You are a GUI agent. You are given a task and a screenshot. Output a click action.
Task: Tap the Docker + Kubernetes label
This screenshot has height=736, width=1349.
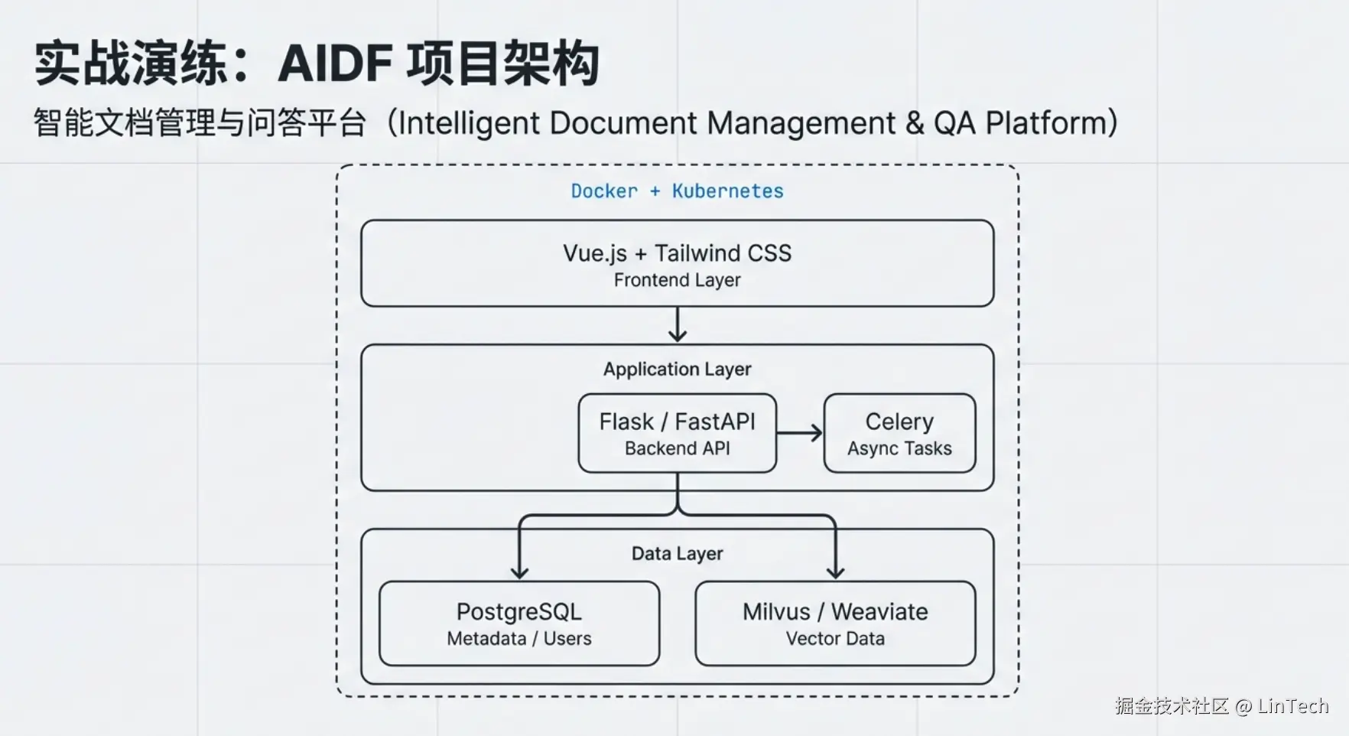pyautogui.click(x=677, y=191)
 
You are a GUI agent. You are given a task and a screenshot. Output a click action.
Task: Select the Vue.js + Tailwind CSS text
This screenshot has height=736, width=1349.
pyautogui.click(x=677, y=253)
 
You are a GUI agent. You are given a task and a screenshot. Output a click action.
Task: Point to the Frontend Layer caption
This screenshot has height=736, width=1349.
pyautogui.click(x=677, y=281)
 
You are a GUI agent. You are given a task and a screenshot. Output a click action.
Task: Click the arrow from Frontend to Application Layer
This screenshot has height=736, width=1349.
pyautogui.click(x=678, y=324)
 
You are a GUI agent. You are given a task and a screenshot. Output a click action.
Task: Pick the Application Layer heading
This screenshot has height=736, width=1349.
pyautogui.click(x=677, y=370)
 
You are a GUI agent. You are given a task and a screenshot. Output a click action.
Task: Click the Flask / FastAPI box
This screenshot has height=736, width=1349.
pyautogui.click(x=678, y=433)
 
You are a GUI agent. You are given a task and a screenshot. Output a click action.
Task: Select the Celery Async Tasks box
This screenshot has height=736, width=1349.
pyautogui.click(x=899, y=433)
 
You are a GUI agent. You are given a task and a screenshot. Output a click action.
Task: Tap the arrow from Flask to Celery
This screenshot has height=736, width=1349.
pyautogui.click(x=800, y=433)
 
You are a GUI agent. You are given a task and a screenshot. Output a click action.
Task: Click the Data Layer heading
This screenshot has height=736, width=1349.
pyautogui.click(x=677, y=554)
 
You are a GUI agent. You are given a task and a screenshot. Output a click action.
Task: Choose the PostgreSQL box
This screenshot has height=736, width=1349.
pyautogui.click(x=519, y=624)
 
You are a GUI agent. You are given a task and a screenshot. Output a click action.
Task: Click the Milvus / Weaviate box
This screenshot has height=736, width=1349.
pyautogui.click(x=835, y=624)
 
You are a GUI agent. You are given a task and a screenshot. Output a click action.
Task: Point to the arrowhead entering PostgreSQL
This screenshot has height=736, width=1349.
pyautogui.click(x=519, y=573)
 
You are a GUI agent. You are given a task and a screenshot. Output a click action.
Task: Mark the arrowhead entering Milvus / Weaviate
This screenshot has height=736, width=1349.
pyautogui.click(x=835, y=573)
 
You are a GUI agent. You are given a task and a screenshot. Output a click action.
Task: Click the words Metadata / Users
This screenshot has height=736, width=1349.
pyautogui.click(x=519, y=639)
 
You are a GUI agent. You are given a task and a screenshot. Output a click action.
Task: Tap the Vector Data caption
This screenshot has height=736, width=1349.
pyautogui.click(x=835, y=639)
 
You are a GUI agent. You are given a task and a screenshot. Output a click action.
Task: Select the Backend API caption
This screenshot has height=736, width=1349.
pyautogui.click(x=678, y=448)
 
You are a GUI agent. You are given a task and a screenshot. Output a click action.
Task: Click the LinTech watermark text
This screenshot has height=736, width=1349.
pyautogui.click(x=1293, y=705)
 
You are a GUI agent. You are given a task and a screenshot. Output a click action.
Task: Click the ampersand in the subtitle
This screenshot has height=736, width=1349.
pyautogui.click(x=914, y=124)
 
